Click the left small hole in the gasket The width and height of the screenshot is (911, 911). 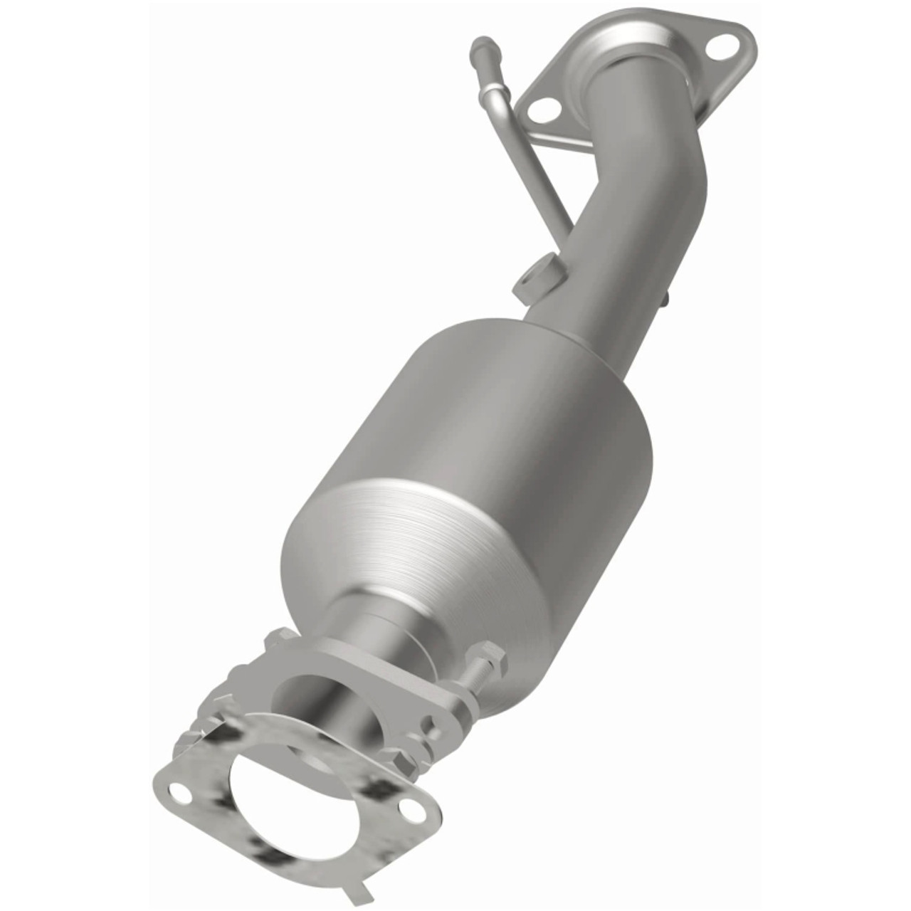point(181,789)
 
